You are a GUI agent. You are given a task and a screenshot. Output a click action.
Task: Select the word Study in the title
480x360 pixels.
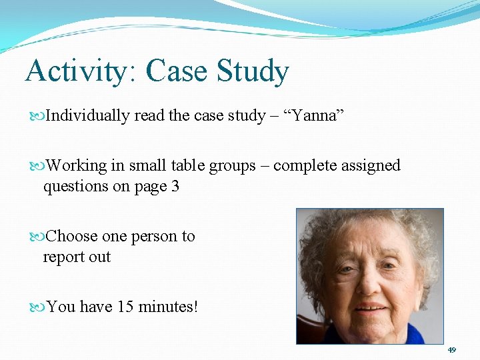252,71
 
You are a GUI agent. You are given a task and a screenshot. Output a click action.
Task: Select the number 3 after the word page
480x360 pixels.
175,187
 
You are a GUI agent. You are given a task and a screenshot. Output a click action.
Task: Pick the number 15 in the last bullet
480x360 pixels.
125,307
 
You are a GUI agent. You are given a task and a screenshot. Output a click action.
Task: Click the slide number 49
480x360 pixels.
451,350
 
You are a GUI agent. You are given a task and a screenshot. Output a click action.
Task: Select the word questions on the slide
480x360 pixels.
74,187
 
